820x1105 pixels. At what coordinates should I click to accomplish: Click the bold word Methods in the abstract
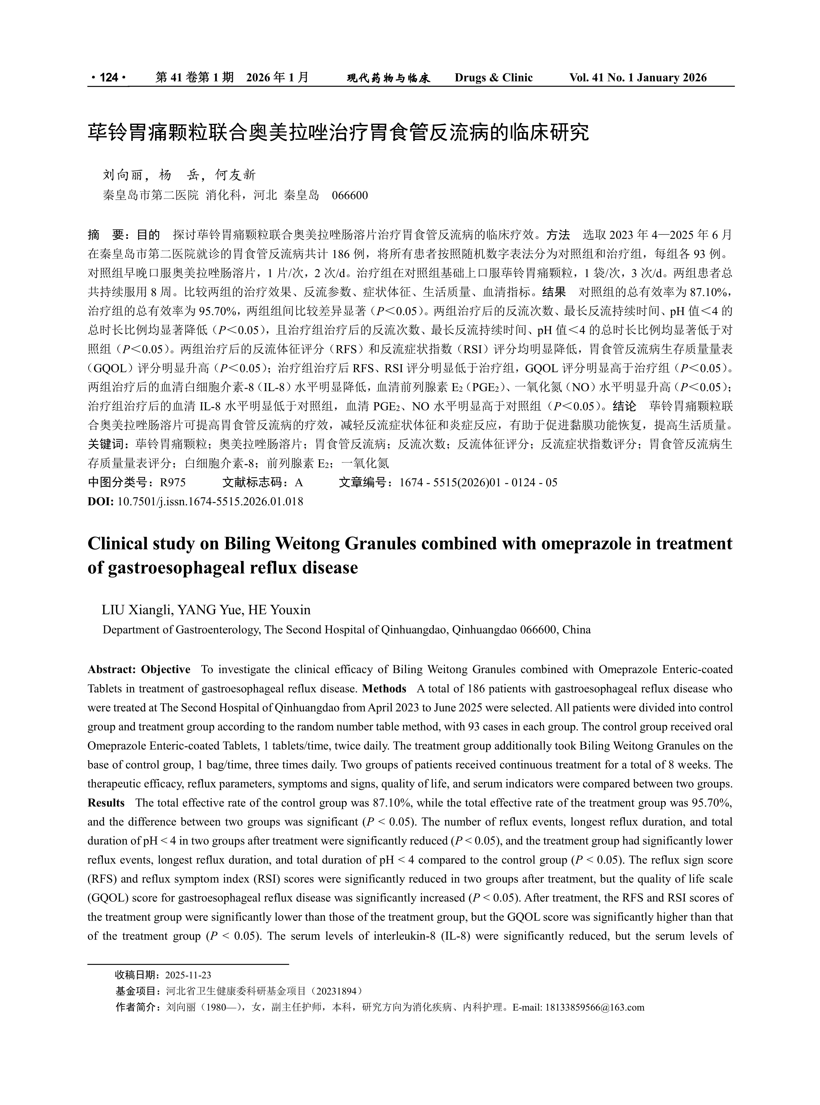(x=384, y=689)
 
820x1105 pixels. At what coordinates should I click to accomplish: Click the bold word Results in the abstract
(x=106, y=803)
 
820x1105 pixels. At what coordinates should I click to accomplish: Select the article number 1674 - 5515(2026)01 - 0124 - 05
(x=478, y=482)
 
